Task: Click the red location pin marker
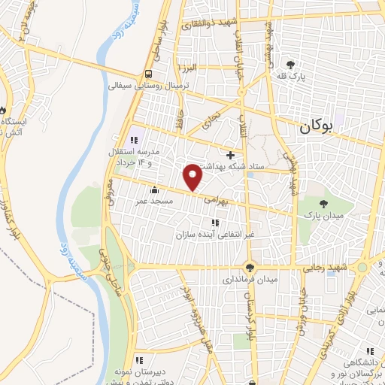(x=193, y=177)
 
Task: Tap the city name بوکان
(x=324, y=128)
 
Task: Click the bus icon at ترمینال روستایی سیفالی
(x=149, y=74)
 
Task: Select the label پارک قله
(x=300, y=75)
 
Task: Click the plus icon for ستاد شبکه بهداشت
(x=230, y=154)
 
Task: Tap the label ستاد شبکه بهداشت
(x=232, y=166)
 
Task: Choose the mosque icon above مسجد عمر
(x=154, y=189)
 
